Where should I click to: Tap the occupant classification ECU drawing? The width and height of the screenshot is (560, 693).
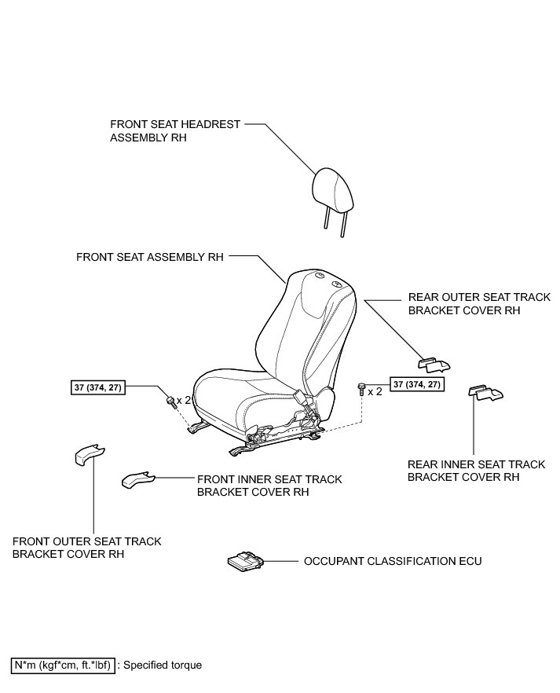[245, 562]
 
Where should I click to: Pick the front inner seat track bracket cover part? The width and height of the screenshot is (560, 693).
[137, 478]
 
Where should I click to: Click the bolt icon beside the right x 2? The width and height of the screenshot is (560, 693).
[361, 389]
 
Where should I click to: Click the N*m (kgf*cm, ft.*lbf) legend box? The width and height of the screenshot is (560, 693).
[63, 665]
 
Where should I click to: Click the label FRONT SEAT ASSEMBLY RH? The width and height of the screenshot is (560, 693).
[150, 257]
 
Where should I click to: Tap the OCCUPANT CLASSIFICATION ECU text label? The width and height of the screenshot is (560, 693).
[392, 562]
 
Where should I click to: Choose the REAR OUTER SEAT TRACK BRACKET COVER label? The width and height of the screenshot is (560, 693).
[479, 304]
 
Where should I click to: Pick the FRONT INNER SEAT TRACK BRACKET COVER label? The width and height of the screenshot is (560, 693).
[269, 486]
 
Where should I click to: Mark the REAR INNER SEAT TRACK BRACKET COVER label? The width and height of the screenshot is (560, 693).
[476, 471]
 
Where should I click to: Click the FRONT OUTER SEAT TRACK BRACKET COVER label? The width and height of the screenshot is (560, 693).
[87, 548]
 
